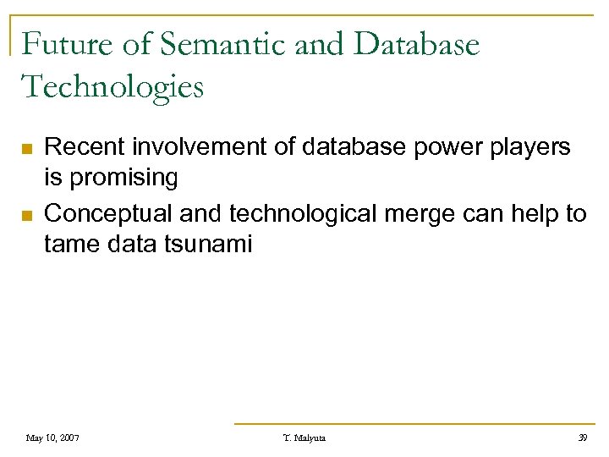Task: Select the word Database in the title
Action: tap(417, 44)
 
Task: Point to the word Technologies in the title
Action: tap(112, 86)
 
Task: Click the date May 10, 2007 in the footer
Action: tap(52, 438)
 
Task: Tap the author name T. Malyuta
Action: tap(304, 438)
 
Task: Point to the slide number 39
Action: tap(581, 438)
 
